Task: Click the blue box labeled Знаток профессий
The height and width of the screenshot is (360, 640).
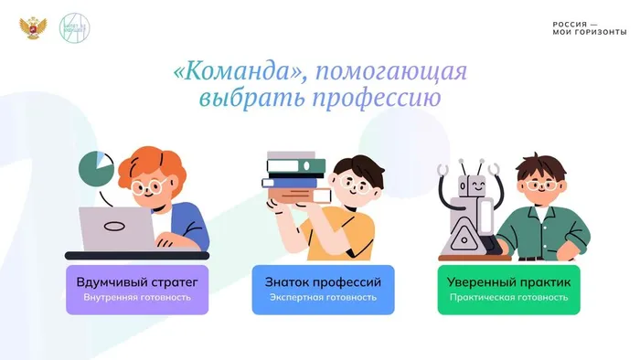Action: pos(323,289)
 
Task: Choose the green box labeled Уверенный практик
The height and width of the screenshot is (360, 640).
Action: pos(508,289)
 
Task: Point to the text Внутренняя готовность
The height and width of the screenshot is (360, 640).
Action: pos(137,298)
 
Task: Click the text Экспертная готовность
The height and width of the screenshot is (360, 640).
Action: pos(323,298)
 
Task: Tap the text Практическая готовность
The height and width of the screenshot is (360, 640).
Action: pos(508,298)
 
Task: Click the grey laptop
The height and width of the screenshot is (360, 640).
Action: pos(113,228)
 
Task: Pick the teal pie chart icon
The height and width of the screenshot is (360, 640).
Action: pos(95,167)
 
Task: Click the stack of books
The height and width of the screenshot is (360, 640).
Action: pos(295,177)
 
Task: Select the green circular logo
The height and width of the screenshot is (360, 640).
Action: pos(73,26)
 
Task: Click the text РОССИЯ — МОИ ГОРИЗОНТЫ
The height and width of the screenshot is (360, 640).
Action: pos(589,27)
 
